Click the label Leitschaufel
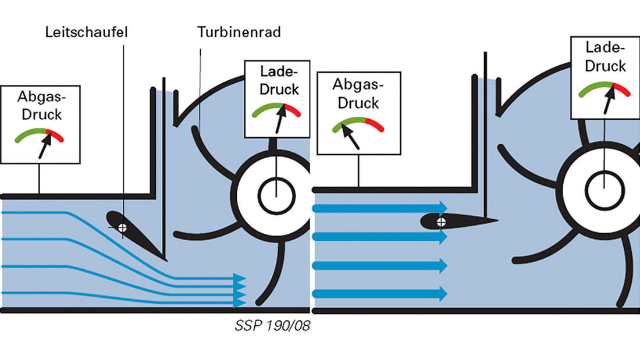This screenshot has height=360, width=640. (x=86, y=31)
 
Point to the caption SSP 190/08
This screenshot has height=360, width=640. (x=272, y=327)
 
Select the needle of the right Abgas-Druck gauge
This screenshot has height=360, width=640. (x=349, y=134)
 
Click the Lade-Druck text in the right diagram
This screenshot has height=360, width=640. (x=605, y=57)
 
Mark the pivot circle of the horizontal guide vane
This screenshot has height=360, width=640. (x=441, y=221)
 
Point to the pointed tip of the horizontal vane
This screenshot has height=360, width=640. (x=497, y=220)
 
